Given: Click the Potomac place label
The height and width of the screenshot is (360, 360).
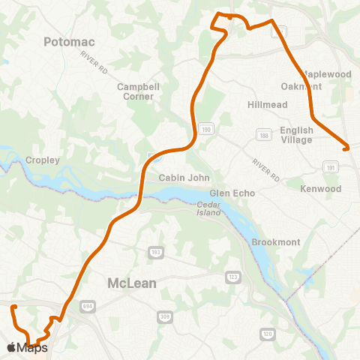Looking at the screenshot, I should (72, 42).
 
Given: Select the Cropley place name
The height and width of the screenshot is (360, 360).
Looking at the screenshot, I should (42, 160).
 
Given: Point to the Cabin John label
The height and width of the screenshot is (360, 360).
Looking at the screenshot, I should (178, 178).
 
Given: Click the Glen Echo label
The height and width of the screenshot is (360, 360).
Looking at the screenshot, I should (233, 193).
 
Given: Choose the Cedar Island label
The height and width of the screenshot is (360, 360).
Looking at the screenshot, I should (210, 208).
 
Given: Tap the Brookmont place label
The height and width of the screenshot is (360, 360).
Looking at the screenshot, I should (276, 242).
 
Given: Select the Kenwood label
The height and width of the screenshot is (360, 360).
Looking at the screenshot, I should (320, 188).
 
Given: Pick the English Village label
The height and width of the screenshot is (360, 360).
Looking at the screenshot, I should (296, 135).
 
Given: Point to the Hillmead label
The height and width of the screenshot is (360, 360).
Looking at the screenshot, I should (267, 105).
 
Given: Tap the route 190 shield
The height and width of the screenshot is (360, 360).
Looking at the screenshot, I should (205, 130).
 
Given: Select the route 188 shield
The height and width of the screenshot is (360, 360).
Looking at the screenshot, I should (263, 135).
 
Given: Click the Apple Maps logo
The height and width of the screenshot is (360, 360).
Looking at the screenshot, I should (27, 347).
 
